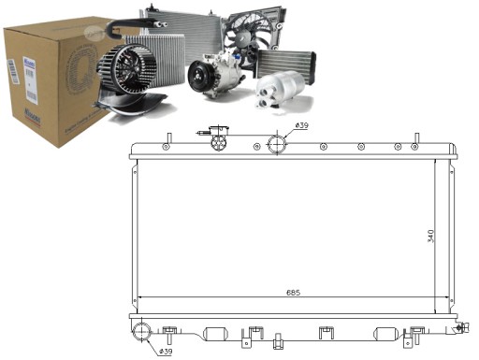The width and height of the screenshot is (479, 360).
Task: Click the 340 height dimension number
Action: [430, 236]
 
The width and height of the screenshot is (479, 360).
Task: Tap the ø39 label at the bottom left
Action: [165, 351]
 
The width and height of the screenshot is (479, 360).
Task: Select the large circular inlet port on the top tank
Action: [277, 145]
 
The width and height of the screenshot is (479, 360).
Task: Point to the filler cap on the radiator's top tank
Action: [219, 143]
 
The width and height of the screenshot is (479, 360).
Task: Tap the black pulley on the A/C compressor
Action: [199, 78]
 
